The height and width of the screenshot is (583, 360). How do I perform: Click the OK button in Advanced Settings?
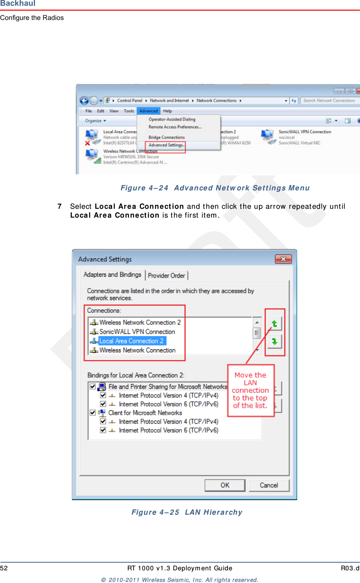(x=225, y=485)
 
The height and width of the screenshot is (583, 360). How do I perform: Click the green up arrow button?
(x=274, y=324)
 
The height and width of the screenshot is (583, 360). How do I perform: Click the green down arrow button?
(x=274, y=341)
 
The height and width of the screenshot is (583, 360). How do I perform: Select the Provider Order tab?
(x=167, y=276)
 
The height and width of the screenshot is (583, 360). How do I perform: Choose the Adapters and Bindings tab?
(x=112, y=275)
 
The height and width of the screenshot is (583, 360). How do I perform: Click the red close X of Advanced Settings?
(x=283, y=259)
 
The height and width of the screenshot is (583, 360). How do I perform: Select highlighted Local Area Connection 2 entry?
(x=131, y=341)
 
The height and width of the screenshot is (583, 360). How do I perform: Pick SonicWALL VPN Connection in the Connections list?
(x=137, y=332)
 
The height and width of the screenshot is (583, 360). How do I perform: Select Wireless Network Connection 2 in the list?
(x=140, y=322)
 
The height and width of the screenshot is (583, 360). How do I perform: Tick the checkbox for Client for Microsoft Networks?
(x=93, y=413)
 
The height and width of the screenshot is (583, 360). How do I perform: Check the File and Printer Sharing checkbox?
(x=93, y=386)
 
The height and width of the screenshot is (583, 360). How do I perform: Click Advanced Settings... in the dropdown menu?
(x=166, y=145)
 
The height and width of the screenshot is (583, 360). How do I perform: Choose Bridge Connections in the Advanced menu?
(x=167, y=137)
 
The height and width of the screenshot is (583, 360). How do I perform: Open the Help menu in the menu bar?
(x=167, y=111)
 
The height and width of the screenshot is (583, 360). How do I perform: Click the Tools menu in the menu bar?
(x=129, y=111)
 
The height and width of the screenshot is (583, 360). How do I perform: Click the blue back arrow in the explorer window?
(x=84, y=101)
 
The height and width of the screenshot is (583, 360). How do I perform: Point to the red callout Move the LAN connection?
(x=251, y=390)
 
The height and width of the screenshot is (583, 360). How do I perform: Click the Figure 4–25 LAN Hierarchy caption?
(x=187, y=512)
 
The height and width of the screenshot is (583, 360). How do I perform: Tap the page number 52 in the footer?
(x=4, y=568)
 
